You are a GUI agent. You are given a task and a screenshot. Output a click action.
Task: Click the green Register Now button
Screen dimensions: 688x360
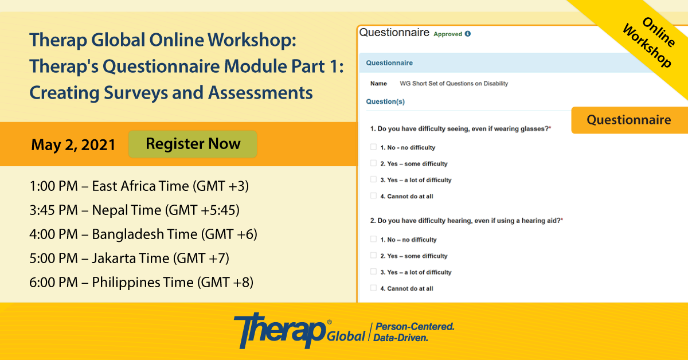click(193, 144)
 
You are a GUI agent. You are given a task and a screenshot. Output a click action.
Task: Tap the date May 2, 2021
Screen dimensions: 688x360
click(73, 144)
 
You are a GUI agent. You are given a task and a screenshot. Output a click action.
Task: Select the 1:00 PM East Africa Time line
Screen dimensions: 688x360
click(139, 186)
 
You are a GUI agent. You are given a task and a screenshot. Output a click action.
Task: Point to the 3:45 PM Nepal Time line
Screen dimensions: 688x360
click(135, 210)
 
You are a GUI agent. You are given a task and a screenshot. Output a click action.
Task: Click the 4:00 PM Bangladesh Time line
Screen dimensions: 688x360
click(143, 234)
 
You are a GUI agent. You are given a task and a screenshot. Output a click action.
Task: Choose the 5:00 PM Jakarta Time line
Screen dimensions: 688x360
click(130, 258)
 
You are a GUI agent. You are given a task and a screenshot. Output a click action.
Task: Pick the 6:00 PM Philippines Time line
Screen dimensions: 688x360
click(141, 282)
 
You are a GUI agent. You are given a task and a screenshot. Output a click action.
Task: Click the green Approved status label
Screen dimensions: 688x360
click(448, 34)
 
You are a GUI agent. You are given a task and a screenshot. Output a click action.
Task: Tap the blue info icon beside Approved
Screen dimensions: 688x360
click(468, 34)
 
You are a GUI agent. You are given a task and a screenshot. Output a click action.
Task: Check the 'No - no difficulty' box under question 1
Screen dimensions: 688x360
click(373, 147)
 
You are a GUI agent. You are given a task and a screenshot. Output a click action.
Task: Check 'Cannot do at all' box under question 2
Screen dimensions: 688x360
click(373, 288)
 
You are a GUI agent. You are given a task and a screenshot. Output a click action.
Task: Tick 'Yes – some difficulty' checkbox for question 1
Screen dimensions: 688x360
click(373, 163)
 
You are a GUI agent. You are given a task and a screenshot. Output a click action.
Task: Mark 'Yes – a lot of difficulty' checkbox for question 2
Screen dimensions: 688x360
click(373, 272)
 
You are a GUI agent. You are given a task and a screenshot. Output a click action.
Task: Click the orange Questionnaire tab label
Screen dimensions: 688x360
click(629, 120)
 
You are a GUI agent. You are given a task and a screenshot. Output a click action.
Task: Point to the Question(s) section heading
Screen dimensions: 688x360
click(385, 101)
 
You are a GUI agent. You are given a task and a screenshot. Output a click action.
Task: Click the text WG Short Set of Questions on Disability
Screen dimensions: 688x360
click(454, 84)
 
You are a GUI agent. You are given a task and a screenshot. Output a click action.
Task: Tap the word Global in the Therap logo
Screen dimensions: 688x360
click(346, 336)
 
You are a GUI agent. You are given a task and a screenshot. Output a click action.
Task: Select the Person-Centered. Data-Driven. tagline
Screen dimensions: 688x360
click(414, 332)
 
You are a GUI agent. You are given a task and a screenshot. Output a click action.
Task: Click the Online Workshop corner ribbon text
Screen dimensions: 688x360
click(648, 42)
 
